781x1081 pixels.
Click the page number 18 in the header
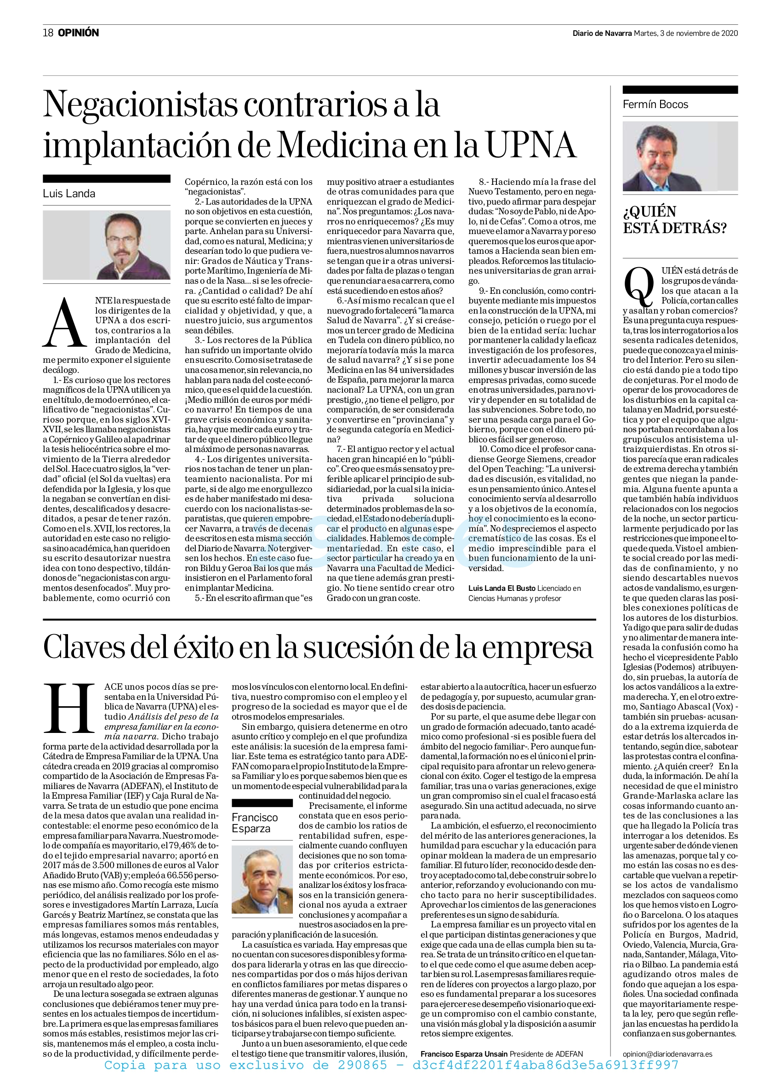click(x=48, y=33)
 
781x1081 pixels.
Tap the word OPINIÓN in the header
click(x=79, y=33)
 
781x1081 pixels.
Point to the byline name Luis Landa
click(x=69, y=194)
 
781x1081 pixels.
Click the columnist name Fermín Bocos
click(x=655, y=104)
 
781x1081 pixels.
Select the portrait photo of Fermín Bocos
click(x=680, y=156)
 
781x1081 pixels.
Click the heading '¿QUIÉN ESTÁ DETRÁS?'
click(x=674, y=220)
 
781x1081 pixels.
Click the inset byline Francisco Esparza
click(x=255, y=823)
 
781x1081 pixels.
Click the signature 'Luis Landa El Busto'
click(x=502, y=588)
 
